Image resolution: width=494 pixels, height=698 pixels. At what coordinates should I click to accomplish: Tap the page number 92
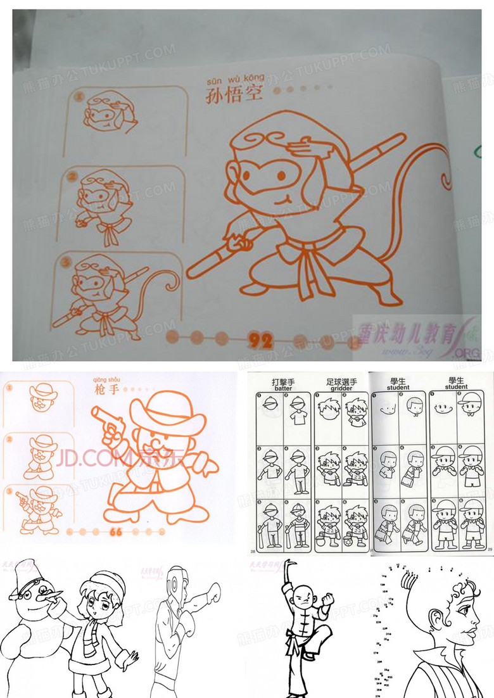[x=260, y=341]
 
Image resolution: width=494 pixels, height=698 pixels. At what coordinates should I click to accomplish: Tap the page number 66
[x=116, y=531]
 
